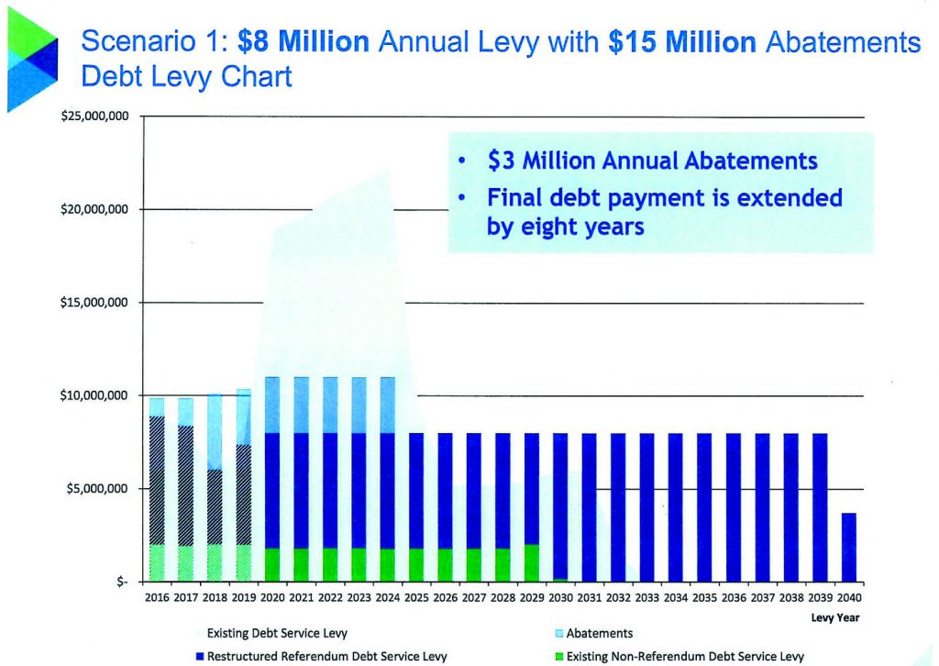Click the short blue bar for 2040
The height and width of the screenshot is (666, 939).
pos(849,547)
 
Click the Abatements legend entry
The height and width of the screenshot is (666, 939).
pos(599,633)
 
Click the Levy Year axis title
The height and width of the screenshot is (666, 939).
pos(834,617)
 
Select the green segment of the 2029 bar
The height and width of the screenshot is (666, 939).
pos(532,562)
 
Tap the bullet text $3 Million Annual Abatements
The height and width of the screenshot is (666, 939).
pos(652,161)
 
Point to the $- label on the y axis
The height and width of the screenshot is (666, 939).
pos(120,582)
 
